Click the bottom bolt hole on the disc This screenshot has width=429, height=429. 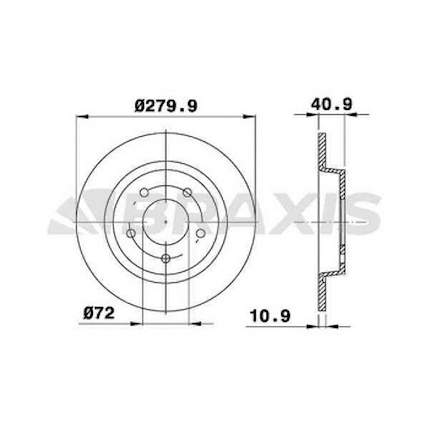(x=166, y=258)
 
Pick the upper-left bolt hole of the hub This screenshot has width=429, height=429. (x=144, y=192)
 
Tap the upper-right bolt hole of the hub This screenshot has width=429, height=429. (x=187, y=192)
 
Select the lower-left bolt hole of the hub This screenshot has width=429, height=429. (x=131, y=233)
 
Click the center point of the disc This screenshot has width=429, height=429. (x=166, y=221)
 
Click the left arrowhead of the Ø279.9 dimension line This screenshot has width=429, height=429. (x=81, y=117)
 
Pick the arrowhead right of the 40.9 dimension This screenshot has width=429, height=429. (x=349, y=115)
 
